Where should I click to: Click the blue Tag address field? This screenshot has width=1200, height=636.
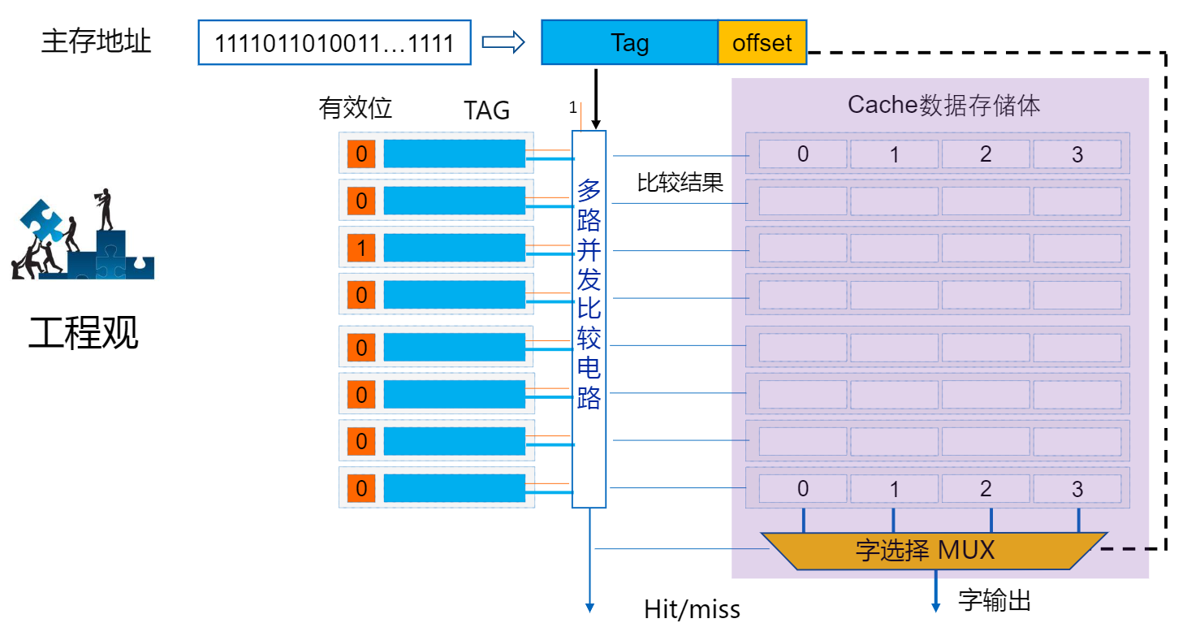629,43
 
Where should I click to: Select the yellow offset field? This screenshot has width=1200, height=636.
762,43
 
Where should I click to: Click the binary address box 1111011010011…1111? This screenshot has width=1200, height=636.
335,43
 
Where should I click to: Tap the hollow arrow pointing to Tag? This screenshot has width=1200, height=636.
505,43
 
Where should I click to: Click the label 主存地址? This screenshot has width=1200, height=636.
96,41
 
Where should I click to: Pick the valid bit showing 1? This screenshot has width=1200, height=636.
361,248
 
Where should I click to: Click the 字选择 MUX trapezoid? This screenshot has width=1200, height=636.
934,551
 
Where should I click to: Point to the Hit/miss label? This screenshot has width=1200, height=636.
692,609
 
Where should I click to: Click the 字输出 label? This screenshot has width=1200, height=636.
995,601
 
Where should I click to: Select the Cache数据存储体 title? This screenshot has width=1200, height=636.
943,105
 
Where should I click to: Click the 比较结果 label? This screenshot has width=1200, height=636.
680,182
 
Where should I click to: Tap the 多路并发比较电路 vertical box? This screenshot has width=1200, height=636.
589,317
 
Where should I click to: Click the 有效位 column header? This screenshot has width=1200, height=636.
356,108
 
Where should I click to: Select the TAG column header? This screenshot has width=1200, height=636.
486,110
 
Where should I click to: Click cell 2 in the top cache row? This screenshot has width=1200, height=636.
986,154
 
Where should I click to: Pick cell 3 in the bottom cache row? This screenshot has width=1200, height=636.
1077,489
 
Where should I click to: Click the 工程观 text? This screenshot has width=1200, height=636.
84,333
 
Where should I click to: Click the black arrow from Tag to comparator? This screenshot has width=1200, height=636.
596,97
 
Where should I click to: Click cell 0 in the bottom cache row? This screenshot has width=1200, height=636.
803,489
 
